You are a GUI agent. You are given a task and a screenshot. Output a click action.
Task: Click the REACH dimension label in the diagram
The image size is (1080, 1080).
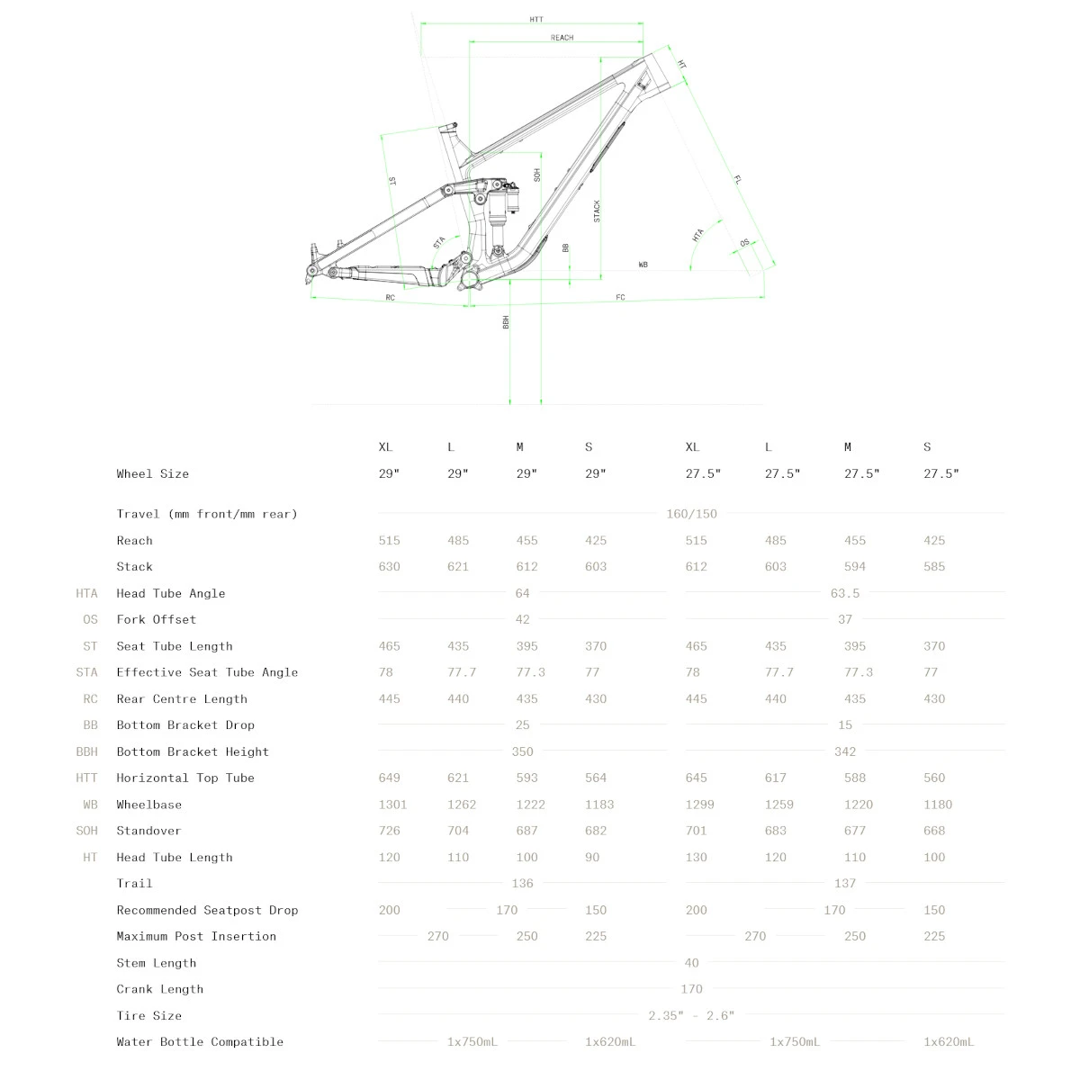click(562, 38)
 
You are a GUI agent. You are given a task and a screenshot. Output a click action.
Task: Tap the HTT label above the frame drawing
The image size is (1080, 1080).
click(536, 19)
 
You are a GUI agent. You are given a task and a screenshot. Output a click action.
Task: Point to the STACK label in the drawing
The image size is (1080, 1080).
click(597, 211)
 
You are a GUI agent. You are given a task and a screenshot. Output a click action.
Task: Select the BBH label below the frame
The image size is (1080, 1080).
click(506, 321)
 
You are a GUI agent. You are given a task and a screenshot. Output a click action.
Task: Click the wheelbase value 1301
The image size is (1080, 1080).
click(392, 805)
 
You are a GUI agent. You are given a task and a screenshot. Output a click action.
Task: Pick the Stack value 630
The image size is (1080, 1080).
click(389, 566)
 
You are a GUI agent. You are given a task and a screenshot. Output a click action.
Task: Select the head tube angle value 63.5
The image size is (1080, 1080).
click(844, 593)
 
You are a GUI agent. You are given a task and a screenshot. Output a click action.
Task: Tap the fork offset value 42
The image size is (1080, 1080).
click(522, 619)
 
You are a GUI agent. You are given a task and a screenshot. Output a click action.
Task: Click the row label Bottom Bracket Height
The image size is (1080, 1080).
click(193, 751)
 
